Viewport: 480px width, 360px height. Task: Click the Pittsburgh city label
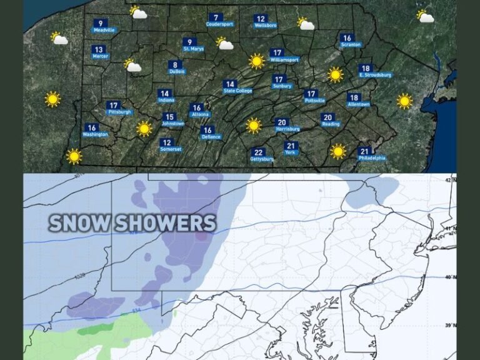[119, 112]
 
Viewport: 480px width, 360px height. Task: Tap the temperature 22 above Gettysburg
[258, 152]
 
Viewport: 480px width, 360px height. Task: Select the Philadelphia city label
[372, 159]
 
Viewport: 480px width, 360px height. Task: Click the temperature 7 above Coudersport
[216, 17]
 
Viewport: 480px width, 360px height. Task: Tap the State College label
[237, 91]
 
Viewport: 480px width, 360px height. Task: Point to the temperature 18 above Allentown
[354, 97]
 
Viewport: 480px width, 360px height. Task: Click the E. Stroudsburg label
[375, 75]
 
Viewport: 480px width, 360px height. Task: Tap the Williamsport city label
[285, 59]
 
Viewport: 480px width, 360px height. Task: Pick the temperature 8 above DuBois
[176, 64]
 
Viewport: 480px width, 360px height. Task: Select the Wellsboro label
[266, 26]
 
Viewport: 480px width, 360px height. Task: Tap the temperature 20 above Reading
[327, 117]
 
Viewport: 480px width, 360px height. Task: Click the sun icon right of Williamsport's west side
[256, 61]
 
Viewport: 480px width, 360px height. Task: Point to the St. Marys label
[194, 49]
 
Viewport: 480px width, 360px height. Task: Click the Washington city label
[95, 134]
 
